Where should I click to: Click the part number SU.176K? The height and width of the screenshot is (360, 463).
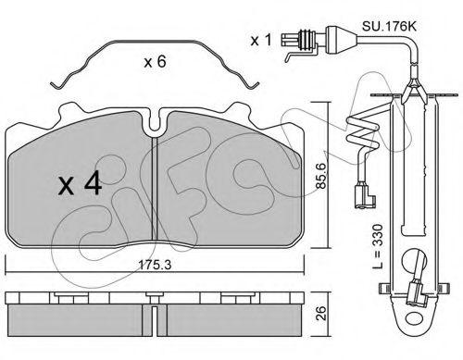pyautogui.click(x=389, y=26)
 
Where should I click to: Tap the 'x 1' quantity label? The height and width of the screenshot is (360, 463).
pyautogui.click(x=261, y=40)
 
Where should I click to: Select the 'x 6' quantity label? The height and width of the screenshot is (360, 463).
pyautogui.click(x=155, y=62)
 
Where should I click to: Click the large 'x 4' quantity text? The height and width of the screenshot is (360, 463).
pyautogui.click(x=81, y=183)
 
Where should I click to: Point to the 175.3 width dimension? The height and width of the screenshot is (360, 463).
pyautogui.click(x=155, y=265)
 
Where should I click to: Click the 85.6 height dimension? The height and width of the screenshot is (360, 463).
pyautogui.click(x=320, y=176)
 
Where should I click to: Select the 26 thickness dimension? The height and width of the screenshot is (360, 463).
pyautogui.click(x=321, y=313)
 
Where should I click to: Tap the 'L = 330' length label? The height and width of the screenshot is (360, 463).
pyautogui.click(x=378, y=246)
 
